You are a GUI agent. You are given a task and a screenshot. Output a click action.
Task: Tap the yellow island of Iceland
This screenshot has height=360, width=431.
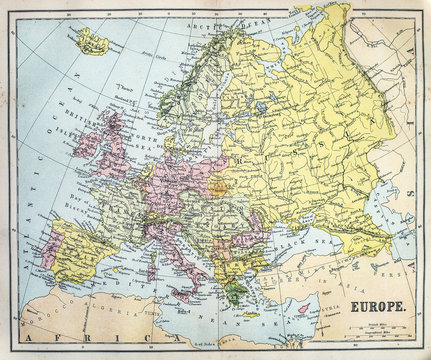point(93,41)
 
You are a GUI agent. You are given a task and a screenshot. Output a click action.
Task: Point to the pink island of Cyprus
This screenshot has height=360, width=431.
point(306,308)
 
